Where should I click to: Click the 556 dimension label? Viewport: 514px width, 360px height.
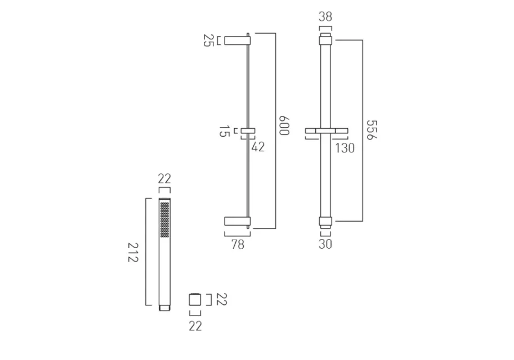pyautogui.click(x=372, y=129)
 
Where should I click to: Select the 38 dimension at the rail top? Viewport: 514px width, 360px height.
pyautogui.click(x=325, y=17)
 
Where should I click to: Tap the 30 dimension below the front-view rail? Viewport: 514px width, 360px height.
pyautogui.click(x=325, y=244)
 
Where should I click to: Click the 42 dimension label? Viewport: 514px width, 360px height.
pyautogui.click(x=258, y=147)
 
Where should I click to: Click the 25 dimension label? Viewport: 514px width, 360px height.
pyautogui.click(x=208, y=40)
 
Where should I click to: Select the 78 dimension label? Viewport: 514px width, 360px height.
pyautogui.click(x=238, y=244)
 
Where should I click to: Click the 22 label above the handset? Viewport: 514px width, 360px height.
pyautogui.click(x=164, y=179)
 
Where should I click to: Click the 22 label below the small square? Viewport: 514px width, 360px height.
pyautogui.click(x=195, y=326)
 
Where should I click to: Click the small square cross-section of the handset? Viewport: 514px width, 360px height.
pyautogui.click(x=195, y=299)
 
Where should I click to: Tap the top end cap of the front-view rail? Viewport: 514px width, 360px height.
pyautogui.click(x=325, y=38)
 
